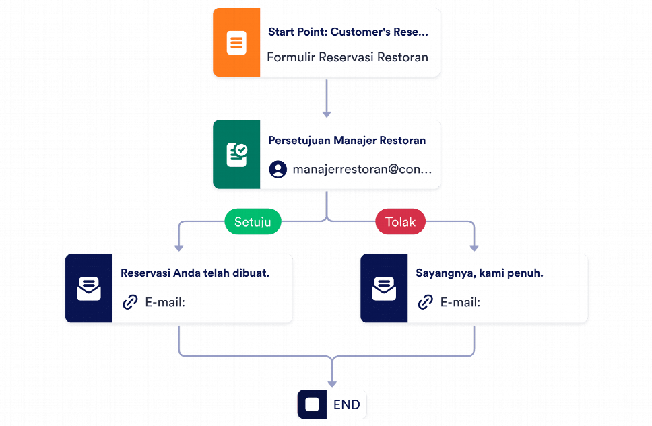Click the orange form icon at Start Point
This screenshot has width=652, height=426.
pyautogui.click(x=236, y=42)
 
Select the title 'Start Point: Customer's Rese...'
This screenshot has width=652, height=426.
pyautogui.click(x=348, y=32)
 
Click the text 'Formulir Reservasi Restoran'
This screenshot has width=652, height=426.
pyautogui.click(x=348, y=57)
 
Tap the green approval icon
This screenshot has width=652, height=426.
pyautogui.click(x=236, y=155)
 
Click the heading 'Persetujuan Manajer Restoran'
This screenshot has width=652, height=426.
pyautogui.click(x=347, y=141)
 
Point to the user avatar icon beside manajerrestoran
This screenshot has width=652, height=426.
pyautogui.click(x=278, y=169)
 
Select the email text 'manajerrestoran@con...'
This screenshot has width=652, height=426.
pyautogui.click(x=362, y=169)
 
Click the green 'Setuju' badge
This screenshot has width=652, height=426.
pyautogui.click(x=252, y=221)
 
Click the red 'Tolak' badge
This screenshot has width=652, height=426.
pyautogui.click(x=400, y=221)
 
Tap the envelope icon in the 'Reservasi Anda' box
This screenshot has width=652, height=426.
pyautogui.click(x=88, y=288)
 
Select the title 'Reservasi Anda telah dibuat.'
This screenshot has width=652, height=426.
pyautogui.click(x=195, y=273)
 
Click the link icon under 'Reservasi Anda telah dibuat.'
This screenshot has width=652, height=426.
pyautogui.click(x=130, y=302)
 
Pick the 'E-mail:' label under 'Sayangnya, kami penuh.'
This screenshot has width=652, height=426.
pyautogui.click(x=460, y=302)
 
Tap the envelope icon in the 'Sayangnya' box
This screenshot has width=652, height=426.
pyautogui.click(x=384, y=288)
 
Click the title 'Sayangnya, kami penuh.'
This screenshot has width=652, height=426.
pyautogui.click(x=479, y=273)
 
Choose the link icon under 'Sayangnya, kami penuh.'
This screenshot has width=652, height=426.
pyautogui.click(x=425, y=302)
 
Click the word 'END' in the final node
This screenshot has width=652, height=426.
pyautogui.click(x=347, y=405)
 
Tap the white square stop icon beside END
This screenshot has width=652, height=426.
pyautogui.click(x=312, y=404)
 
